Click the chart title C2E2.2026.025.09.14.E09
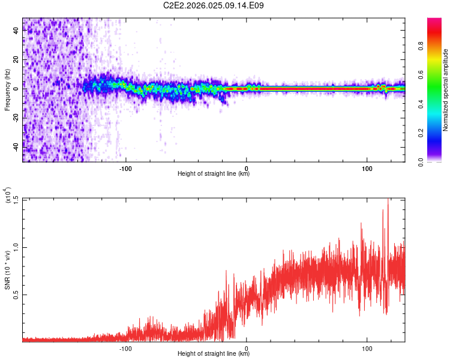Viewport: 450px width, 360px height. coord(214,5)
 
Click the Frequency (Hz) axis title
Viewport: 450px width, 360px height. coord(7,90)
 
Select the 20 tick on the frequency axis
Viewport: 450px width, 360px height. coord(16,60)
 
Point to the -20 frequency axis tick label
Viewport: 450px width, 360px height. coord(16,118)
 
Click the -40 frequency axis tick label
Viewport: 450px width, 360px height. coord(16,146)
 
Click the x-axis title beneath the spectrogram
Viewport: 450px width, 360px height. coord(214,174)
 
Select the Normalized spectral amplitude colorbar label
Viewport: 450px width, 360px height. coord(445,90)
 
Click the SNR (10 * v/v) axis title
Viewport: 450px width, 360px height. coord(7,269)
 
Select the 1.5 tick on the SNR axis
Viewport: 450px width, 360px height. coord(16,199)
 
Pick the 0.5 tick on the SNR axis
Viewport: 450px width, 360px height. coord(16,294)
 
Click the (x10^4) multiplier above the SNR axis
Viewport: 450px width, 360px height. coord(7,196)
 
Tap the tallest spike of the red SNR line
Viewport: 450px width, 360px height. coord(388,200)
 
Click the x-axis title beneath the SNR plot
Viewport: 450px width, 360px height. coord(214,354)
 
